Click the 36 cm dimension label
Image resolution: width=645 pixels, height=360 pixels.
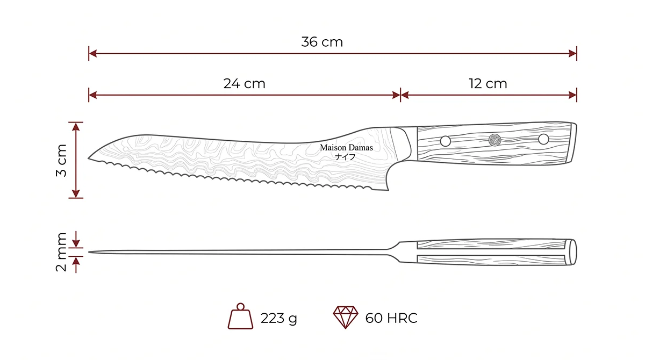322,42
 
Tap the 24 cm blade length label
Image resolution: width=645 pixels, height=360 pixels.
244,84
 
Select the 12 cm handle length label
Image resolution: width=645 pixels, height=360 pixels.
488,84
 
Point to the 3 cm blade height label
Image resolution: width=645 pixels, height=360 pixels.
61,160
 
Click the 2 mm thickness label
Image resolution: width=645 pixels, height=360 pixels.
61,252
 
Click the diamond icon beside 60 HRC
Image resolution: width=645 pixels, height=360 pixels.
346,317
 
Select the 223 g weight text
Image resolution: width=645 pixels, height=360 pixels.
278,318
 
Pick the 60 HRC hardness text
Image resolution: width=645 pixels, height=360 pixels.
391,318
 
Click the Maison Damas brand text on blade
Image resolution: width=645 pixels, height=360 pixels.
346,148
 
